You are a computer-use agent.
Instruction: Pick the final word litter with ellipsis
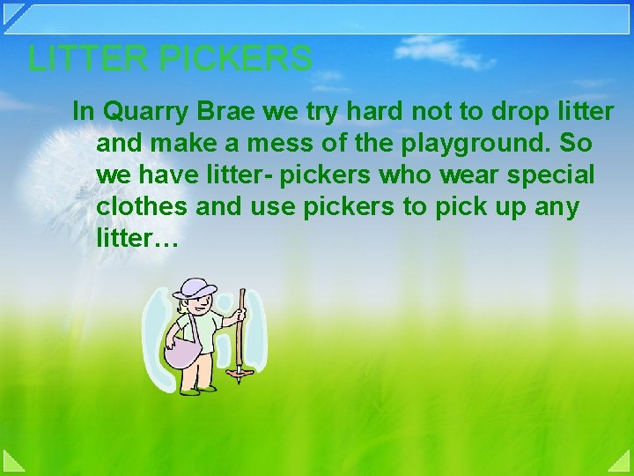click(x=136, y=238)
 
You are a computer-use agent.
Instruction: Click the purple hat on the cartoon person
click(x=195, y=287)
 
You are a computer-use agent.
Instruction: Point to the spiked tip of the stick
click(x=236, y=379)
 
